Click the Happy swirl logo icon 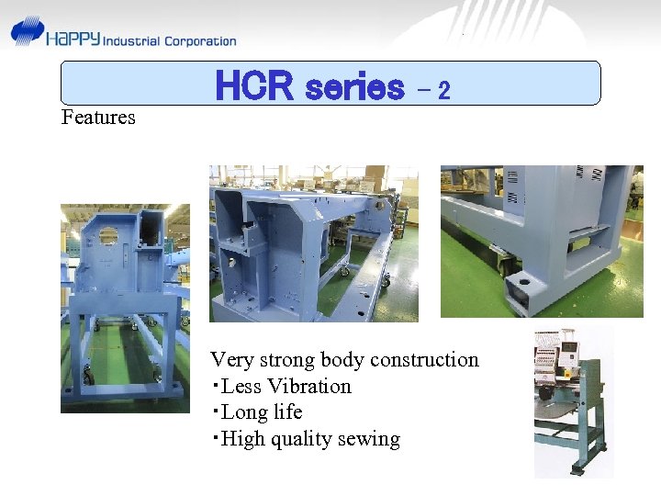click(x=28, y=31)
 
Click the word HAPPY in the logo click(x=73, y=40)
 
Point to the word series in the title click(x=353, y=87)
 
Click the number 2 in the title click(x=444, y=91)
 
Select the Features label click(x=98, y=118)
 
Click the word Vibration click(x=309, y=387)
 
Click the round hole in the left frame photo click(x=108, y=235)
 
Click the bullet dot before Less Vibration click(x=215, y=387)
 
